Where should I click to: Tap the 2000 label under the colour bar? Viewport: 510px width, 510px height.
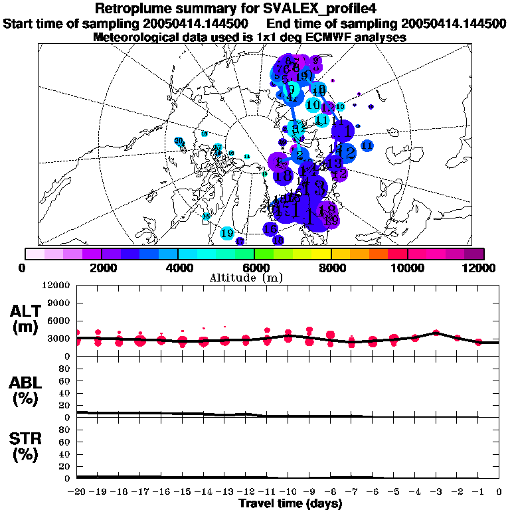pyautogui.click(x=100, y=268)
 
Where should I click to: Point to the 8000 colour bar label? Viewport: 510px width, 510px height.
pyautogui.click(x=331, y=268)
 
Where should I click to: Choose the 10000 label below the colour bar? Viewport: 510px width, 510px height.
pyautogui.click(x=407, y=268)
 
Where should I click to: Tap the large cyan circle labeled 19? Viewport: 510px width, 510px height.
pyautogui.click(x=227, y=234)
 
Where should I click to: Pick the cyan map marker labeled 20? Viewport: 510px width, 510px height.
pyautogui.click(x=178, y=140)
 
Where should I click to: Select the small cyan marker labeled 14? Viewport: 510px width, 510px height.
pyautogui.click(x=247, y=156)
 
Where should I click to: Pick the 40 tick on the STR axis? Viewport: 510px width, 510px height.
pyautogui.click(x=66, y=454)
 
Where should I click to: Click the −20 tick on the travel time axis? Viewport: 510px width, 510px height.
pyautogui.click(x=77, y=491)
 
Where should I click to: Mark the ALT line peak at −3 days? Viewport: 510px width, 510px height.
pyautogui.click(x=436, y=332)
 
